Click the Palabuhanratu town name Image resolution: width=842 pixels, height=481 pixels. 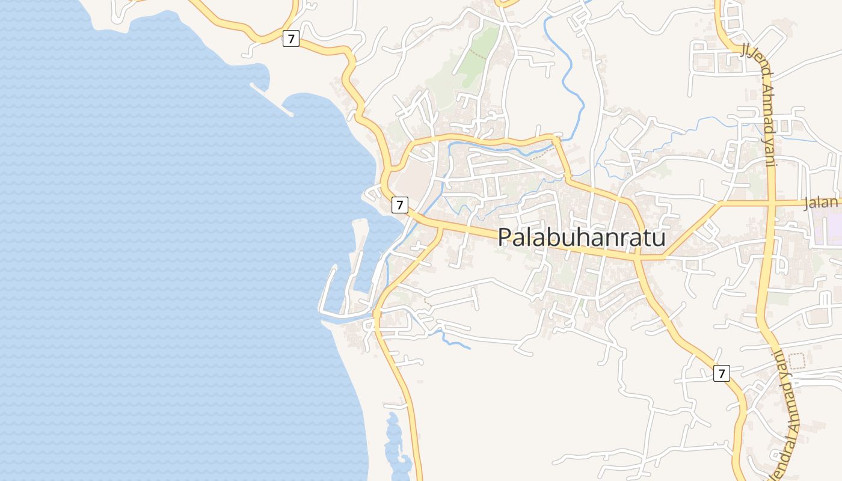582,237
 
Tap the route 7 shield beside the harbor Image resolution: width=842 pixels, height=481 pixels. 399,204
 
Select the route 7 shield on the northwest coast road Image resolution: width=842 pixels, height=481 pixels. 291,39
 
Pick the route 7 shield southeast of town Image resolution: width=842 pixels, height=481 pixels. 722,373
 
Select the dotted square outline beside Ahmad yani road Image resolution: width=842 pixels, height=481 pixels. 796,361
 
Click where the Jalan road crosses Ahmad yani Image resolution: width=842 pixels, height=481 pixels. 770,203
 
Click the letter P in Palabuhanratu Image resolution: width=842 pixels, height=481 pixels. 506,237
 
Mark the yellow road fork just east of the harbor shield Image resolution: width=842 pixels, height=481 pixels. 441,227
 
